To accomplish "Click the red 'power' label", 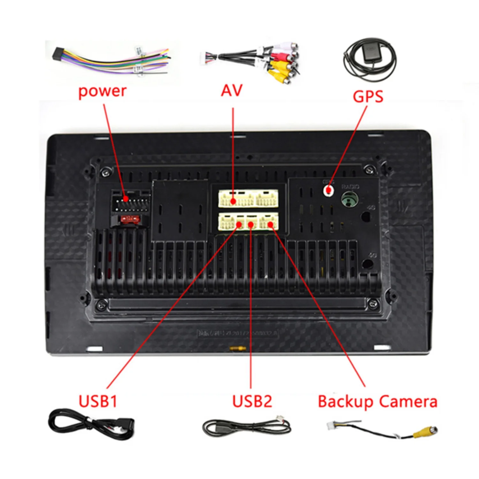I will (103, 91).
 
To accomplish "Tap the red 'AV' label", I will (232, 90).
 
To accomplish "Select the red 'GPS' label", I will (368, 96).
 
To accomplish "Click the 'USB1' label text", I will (98, 401).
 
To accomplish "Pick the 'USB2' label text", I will (252, 401).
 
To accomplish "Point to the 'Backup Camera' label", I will (377, 401).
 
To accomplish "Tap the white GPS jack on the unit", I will (328, 191).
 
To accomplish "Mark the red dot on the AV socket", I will (233, 201).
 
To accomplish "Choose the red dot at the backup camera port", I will (270, 225).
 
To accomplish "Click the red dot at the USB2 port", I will (251, 225).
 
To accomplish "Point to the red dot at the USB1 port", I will (239, 225).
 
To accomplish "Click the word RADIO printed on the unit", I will (350, 186).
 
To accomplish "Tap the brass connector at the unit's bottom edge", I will (238, 348).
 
